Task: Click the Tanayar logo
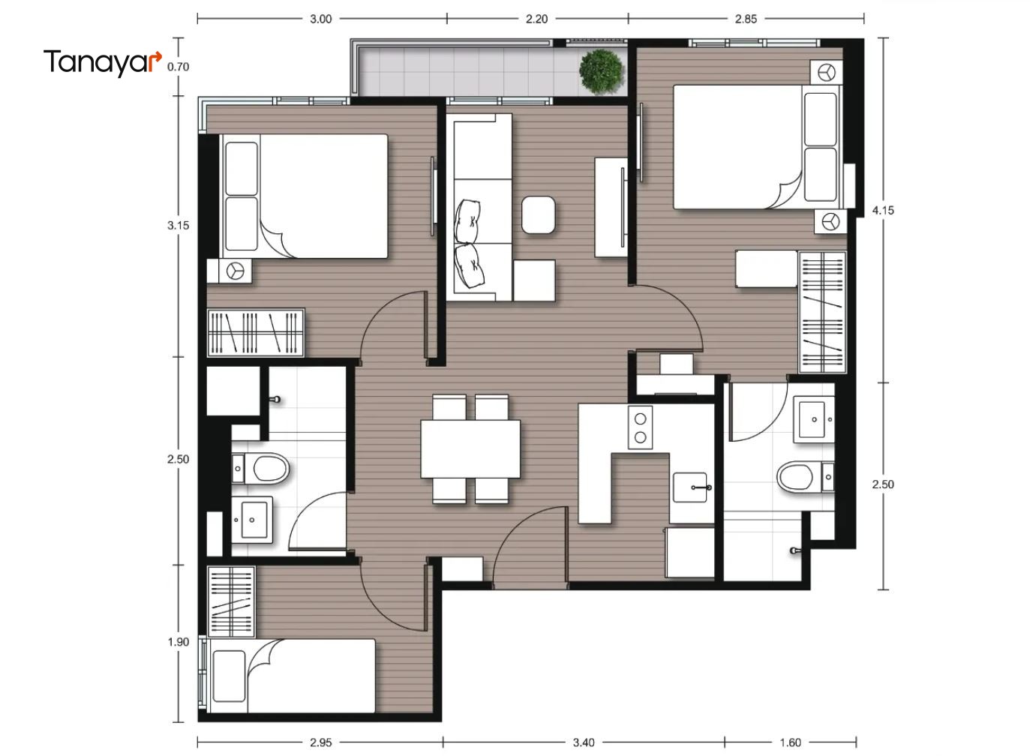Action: [103, 62]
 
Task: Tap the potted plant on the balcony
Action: [602, 72]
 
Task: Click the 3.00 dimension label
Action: [320, 19]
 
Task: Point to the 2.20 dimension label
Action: [536, 19]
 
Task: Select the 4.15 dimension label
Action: [883, 211]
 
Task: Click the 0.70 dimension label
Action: [178, 67]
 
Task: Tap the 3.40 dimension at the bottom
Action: [584, 742]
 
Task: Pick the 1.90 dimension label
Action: [178, 642]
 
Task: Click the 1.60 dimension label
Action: [791, 742]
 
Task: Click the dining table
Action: [470, 449]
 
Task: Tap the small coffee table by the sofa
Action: [538, 214]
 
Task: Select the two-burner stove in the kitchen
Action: [640, 427]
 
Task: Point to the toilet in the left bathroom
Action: [261, 469]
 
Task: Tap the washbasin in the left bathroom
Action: [251, 520]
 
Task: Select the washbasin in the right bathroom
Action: [814, 419]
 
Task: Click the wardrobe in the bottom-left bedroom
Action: [231, 602]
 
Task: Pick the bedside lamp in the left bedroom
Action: [235, 271]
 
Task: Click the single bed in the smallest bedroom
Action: [292, 676]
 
